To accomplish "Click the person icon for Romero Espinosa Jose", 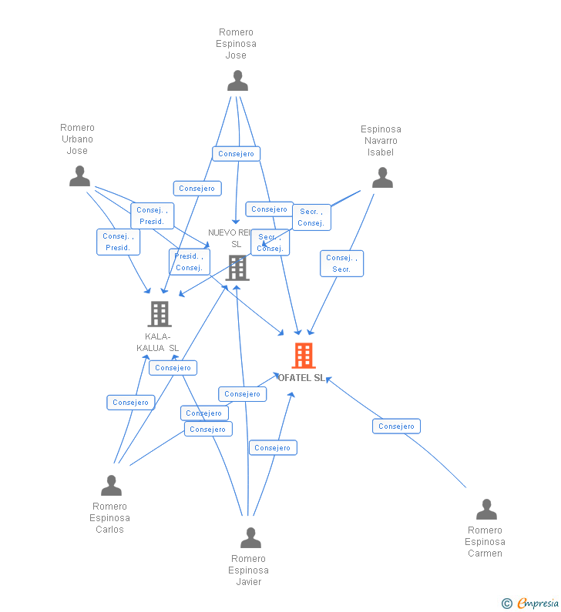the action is [237, 81].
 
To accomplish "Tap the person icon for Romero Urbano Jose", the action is [79, 176].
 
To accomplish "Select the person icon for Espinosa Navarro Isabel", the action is [382, 178].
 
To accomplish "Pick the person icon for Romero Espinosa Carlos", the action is [111, 486].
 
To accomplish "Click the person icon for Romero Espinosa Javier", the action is [250, 537].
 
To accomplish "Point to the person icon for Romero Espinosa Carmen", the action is [486, 510].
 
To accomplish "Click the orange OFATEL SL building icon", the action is [304, 356].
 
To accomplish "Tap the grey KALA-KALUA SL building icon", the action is [160, 314].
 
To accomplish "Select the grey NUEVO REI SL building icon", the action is [237, 268].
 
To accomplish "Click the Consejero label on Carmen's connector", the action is [396, 426].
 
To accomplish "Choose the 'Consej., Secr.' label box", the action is [341, 263].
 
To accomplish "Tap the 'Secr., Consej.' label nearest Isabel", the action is [311, 217].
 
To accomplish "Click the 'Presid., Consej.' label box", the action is [189, 262].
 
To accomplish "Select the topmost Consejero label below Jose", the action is [236, 154].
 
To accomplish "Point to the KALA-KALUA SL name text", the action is [158, 343].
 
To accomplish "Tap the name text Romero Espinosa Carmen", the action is [485, 542].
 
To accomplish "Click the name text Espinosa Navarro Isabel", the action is [381, 141].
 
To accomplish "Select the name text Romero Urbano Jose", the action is [77, 139].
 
